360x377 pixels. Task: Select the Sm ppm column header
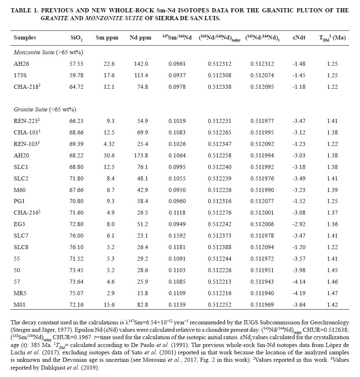pyautogui.click(x=107, y=37)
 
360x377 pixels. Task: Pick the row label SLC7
pyautogui.click(x=21, y=236)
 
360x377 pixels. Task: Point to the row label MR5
pyautogui.click(x=20, y=294)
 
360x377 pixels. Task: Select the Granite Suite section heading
pyautogui.click(x=45, y=109)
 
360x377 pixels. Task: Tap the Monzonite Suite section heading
pyautogui.click(x=48, y=52)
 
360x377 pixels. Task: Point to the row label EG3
pyautogui.click(x=19, y=224)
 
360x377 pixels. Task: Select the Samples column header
pyautogui.click(x=25, y=37)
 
